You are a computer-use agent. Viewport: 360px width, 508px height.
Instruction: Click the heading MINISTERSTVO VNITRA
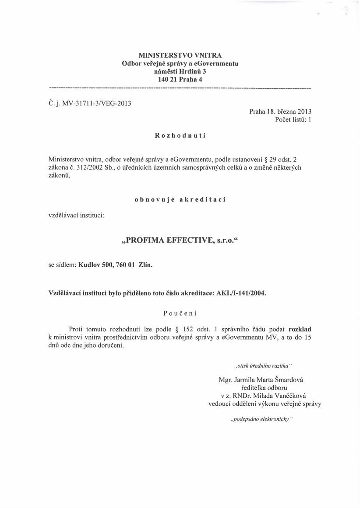180,56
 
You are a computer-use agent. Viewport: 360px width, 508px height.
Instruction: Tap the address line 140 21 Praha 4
180,80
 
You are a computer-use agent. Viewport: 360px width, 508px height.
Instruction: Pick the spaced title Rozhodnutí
180,136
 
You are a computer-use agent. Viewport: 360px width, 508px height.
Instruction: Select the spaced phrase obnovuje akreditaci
180,199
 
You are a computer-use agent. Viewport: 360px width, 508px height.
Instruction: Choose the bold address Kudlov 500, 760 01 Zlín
116,264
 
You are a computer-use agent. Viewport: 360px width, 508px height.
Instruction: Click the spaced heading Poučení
180,313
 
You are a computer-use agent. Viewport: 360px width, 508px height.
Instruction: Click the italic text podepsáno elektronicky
261,419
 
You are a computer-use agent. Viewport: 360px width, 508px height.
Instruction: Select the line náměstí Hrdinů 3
180,72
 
